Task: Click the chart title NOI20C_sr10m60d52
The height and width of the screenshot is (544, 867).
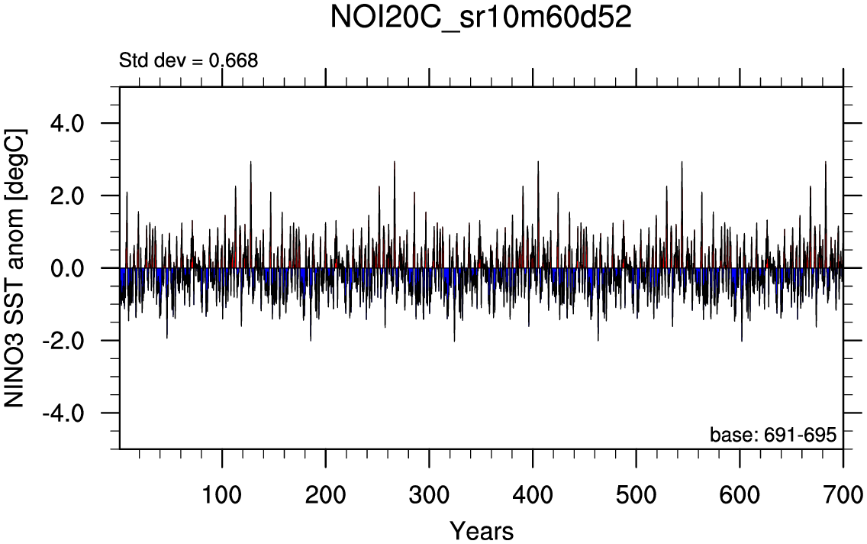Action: coord(481,18)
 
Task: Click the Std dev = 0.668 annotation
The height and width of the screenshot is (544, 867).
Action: coord(189,60)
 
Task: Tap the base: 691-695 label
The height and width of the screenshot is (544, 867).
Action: coord(773,435)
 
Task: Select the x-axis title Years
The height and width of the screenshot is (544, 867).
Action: coord(481,529)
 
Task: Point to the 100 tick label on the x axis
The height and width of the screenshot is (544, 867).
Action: coord(222,490)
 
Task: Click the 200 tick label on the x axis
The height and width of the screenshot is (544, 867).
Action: coord(326,490)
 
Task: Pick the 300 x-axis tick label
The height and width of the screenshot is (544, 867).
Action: coord(429,490)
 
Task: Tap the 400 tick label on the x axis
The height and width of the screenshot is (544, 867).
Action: coord(533,490)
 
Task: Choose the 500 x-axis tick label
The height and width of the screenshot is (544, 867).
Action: coord(636,490)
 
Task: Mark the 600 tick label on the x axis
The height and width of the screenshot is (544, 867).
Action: coord(740,490)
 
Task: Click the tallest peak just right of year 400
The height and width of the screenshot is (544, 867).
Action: coord(538,162)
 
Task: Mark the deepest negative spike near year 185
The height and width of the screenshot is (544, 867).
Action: coord(311,339)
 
